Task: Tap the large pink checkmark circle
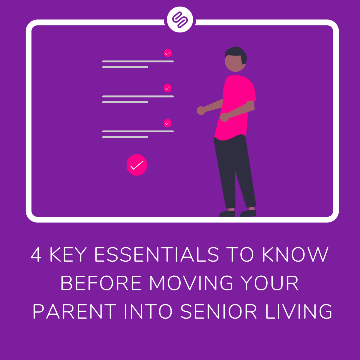pos(137,165)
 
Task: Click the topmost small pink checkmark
pos(168,53)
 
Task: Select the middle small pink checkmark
pos(167,88)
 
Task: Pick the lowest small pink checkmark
pos(167,123)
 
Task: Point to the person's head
pos(235,60)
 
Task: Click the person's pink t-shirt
pos(236,105)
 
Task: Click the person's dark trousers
pos(234,171)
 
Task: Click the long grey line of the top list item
pos(138,61)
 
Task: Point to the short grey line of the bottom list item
pos(125,137)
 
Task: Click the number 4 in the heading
pos(36,255)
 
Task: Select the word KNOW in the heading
pos(295,255)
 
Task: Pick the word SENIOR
pos(219,312)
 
